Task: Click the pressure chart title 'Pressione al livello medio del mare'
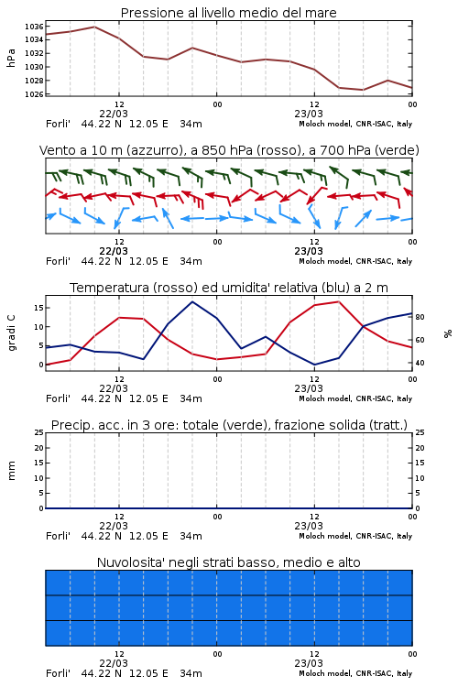[x=228, y=13]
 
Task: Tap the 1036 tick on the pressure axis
[x=34, y=27]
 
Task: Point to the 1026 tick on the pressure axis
[x=34, y=94]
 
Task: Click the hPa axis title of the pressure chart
[x=11, y=58]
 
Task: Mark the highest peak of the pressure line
[x=94, y=27]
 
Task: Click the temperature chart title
[x=229, y=288]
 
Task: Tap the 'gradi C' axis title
[x=11, y=333]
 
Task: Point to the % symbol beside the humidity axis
[x=448, y=333]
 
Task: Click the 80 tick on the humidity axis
[x=420, y=317]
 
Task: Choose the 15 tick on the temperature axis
[x=38, y=308]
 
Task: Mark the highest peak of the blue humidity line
[x=192, y=301]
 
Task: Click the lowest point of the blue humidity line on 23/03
[x=314, y=365]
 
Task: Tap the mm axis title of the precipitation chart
[x=11, y=470]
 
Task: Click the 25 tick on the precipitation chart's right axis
[x=420, y=432]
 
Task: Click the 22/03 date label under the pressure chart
[x=114, y=114]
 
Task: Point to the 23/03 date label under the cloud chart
[x=309, y=663]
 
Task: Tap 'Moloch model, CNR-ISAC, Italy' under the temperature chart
[x=355, y=398]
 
